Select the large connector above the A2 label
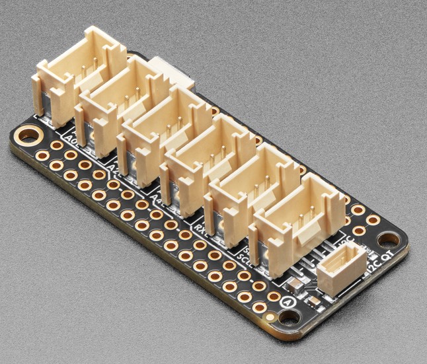coord(122,102)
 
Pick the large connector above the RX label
coord(208,162)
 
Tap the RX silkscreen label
coord(200,228)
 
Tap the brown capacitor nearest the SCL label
coord(294,285)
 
